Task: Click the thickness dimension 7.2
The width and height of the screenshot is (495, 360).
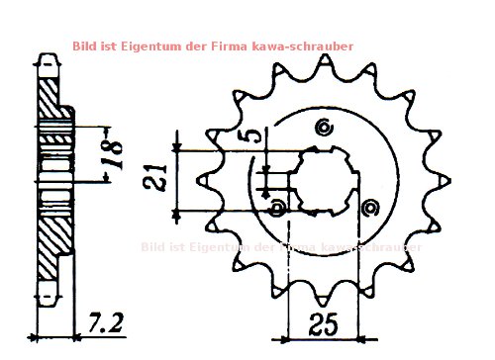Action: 105,322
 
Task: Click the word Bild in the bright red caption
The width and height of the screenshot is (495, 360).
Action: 86,45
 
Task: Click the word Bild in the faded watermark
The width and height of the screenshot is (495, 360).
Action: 154,246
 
